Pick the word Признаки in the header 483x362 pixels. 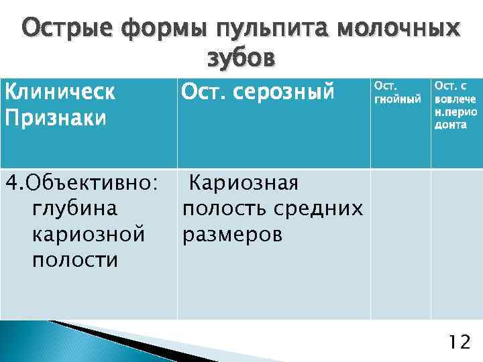tap(56, 118)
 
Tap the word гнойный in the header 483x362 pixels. tap(398, 99)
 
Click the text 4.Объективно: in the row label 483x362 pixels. tap(82, 183)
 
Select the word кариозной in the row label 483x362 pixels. tap(88, 235)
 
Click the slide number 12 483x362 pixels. tap(460, 343)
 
